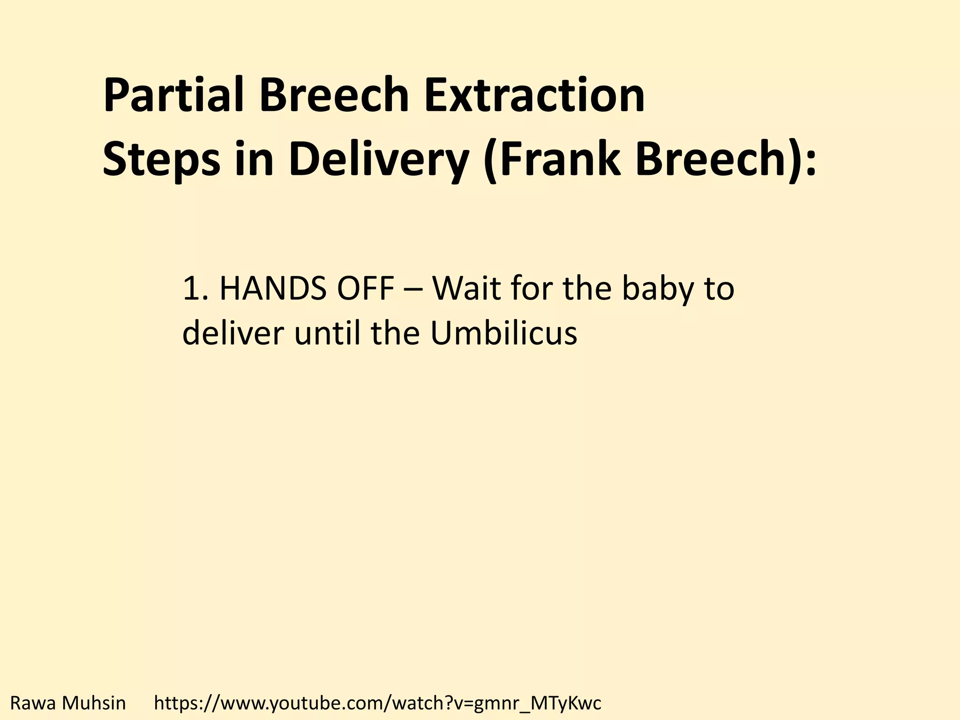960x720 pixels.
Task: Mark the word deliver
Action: (x=233, y=333)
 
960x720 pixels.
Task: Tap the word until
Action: (x=327, y=333)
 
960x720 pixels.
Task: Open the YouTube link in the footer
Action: (x=377, y=703)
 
